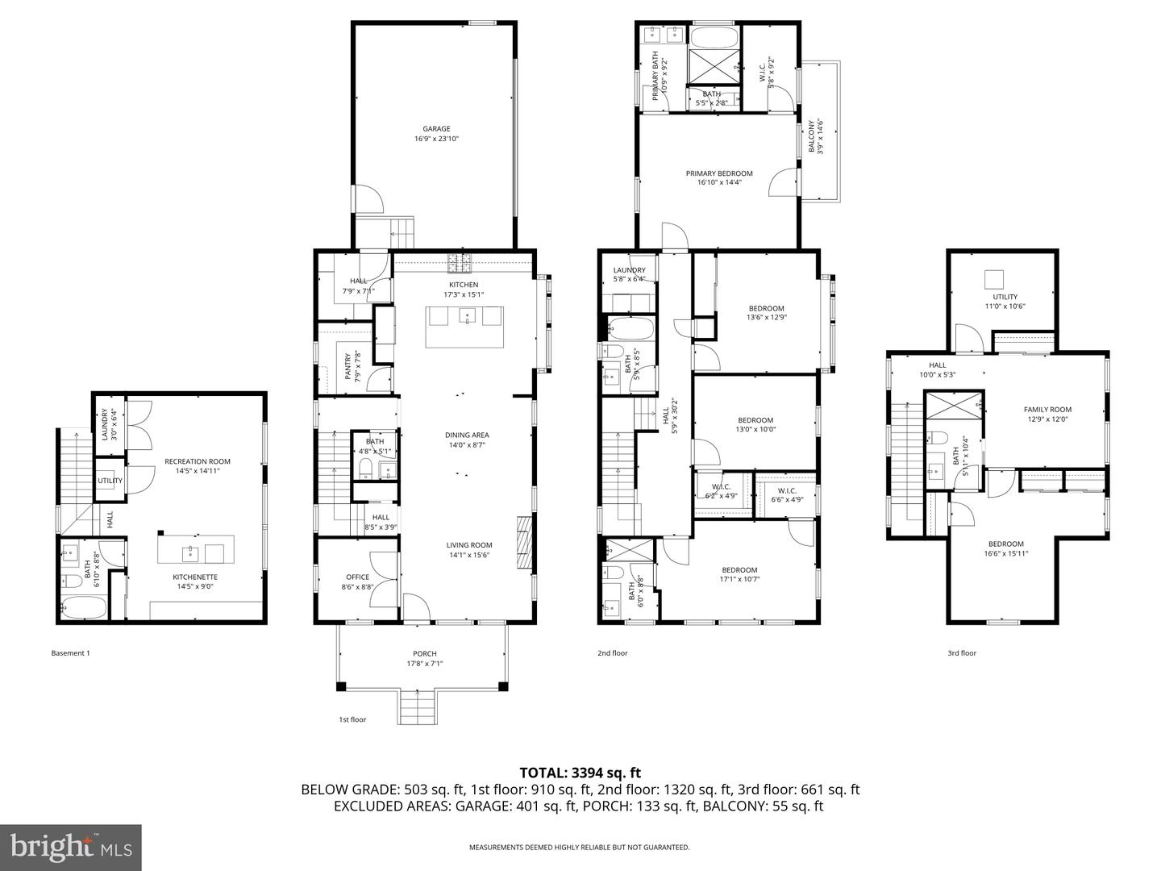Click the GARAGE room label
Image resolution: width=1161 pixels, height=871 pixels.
pyautogui.click(x=436, y=129)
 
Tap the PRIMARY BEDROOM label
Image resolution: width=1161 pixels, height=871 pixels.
pyautogui.click(x=719, y=173)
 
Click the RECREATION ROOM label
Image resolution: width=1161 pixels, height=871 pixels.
pyautogui.click(x=198, y=461)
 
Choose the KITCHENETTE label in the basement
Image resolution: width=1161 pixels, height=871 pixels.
pyautogui.click(x=195, y=577)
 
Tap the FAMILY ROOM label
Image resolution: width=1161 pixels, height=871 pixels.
pyautogui.click(x=1047, y=410)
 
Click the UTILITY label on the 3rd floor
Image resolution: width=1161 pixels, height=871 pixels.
pyautogui.click(x=1005, y=297)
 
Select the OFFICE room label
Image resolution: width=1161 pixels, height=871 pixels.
pyautogui.click(x=357, y=577)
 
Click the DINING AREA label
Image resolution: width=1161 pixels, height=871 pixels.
pyautogui.click(x=467, y=435)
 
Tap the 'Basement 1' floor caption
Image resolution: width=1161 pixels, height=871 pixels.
pyautogui.click(x=70, y=653)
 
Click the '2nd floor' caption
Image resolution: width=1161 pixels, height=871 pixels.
pyautogui.click(x=612, y=653)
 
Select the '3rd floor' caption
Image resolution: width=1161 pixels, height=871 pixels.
pyautogui.click(x=961, y=653)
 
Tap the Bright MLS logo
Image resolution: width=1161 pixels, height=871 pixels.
pyautogui.click(x=71, y=847)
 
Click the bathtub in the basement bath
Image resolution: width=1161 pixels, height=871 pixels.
pyautogui.click(x=83, y=607)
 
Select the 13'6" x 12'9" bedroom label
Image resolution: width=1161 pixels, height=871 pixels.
pyautogui.click(x=766, y=309)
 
